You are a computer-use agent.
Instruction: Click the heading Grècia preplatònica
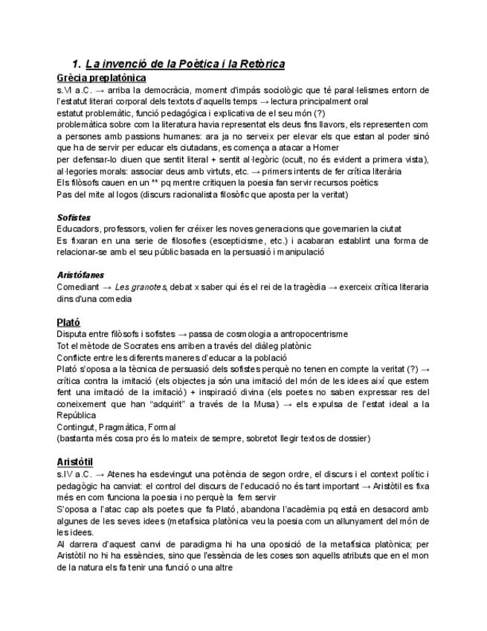click(101, 77)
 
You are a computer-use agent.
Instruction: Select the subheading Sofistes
click(75, 217)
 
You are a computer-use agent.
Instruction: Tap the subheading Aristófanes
click(80, 275)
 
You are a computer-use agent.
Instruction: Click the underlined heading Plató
click(69, 322)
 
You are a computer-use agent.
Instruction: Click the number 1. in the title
click(76, 64)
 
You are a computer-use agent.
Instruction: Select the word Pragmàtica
click(120, 427)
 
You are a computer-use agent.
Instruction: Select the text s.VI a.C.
click(75, 89)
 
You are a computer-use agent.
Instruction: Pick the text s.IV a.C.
click(76, 474)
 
